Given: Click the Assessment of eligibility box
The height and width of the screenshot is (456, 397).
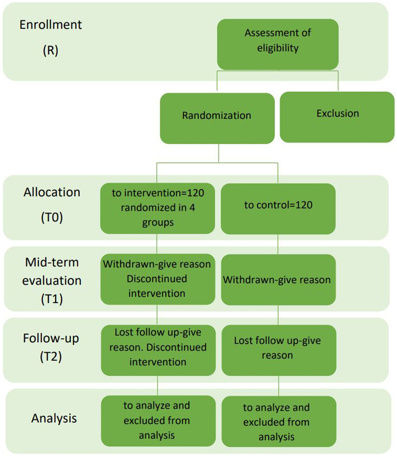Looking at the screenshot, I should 278,44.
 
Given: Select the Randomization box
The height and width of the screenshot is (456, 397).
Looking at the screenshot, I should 217,118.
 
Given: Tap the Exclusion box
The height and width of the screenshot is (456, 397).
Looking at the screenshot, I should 337,117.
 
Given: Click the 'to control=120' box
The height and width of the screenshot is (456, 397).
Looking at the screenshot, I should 278,208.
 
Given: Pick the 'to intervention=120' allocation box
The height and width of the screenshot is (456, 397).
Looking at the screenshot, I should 157,208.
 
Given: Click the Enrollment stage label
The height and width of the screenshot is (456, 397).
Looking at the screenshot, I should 51,25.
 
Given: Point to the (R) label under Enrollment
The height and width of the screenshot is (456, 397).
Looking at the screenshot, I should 51,51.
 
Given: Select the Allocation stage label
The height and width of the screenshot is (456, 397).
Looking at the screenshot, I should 52,192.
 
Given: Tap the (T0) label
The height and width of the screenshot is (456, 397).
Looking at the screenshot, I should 52,218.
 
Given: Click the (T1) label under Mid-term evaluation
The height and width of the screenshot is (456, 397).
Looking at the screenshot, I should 52,299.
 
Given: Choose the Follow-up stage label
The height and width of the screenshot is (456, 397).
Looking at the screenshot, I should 51,338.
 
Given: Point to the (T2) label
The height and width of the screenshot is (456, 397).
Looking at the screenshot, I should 51,357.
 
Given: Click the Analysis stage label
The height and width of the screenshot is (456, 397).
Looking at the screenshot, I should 54,418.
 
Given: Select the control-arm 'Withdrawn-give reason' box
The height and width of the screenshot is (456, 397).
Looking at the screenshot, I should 278,280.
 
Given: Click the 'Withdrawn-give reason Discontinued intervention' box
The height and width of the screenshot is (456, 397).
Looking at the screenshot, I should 157,279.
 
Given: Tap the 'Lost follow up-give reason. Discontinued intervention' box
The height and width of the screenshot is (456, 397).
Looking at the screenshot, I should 158,350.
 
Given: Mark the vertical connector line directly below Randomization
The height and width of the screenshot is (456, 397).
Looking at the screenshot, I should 219,153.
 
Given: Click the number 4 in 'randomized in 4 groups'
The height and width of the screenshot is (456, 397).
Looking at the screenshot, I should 192,208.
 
